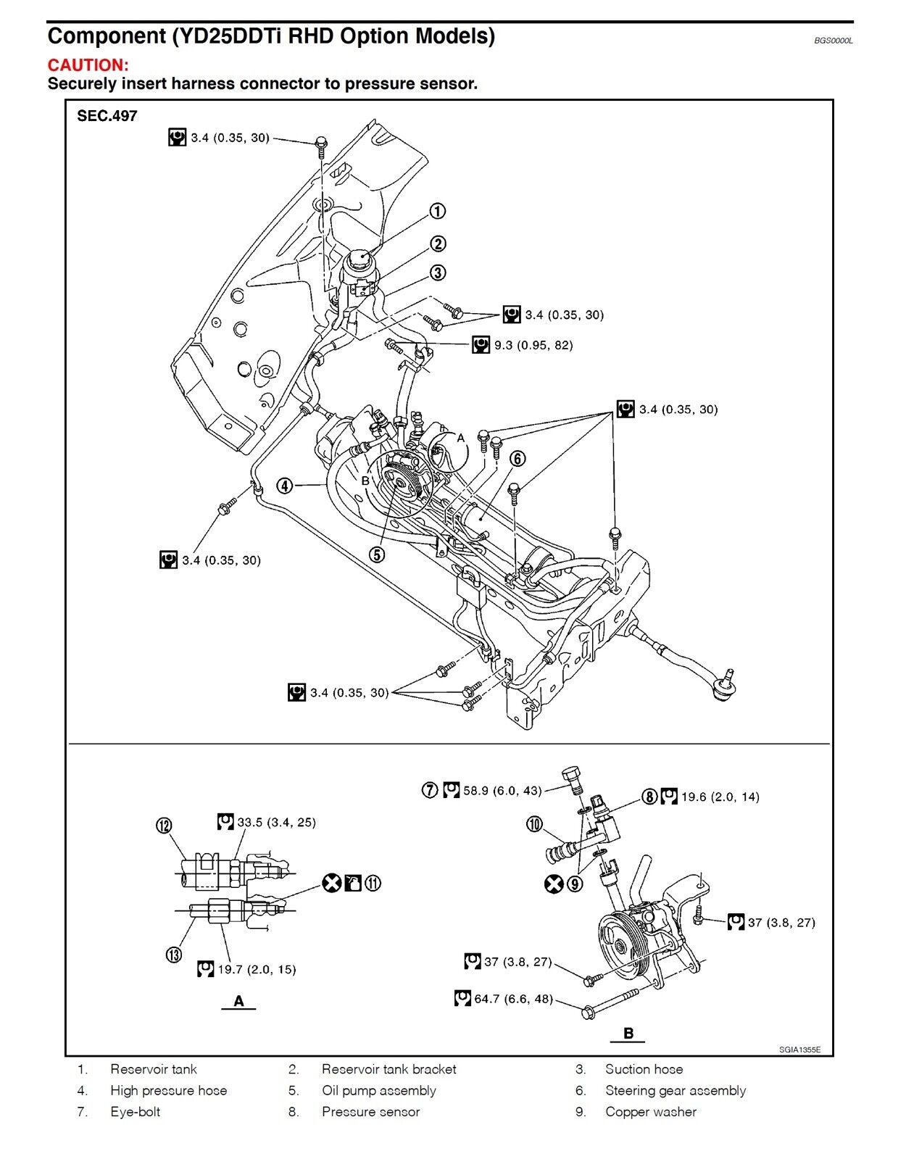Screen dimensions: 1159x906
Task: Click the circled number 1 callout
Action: [438, 211]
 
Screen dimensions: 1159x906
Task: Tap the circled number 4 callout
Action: [285, 486]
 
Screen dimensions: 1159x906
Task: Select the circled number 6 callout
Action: [518, 458]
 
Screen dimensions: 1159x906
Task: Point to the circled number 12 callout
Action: [164, 826]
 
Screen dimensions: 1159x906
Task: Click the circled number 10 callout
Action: [534, 824]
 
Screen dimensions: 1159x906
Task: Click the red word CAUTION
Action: [88, 65]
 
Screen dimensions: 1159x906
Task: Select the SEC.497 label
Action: [107, 116]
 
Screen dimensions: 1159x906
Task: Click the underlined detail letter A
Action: [238, 1001]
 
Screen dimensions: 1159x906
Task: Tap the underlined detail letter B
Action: [628, 1033]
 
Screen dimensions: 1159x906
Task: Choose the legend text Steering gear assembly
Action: [676, 1090]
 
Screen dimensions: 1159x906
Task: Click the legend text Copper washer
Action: [651, 1111]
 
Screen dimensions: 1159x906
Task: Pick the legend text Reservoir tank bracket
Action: [389, 1069]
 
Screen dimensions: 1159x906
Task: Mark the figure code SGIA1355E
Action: [800, 1050]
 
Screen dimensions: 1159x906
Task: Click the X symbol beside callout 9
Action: [554, 884]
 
